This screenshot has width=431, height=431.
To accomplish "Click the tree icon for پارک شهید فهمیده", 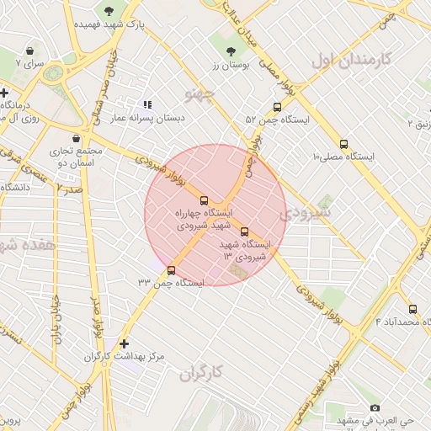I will [x=109, y=10].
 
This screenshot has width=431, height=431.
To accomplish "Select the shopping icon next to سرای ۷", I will [x=31, y=51].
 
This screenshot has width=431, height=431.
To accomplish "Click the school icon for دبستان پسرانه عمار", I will [x=148, y=104].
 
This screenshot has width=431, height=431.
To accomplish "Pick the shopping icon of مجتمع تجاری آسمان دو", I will [x=77, y=137].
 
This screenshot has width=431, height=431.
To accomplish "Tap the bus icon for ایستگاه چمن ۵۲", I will [x=277, y=107].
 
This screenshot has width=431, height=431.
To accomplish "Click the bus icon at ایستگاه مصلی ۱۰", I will [x=343, y=144].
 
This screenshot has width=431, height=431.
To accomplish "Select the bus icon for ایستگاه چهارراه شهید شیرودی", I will [x=203, y=200].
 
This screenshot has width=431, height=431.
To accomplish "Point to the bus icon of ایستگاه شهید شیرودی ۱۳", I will [x=244, y=231].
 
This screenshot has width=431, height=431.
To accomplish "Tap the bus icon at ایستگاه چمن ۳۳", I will [x=172, y=270].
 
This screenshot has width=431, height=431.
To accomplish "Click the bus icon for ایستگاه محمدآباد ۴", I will [x=412, y=309].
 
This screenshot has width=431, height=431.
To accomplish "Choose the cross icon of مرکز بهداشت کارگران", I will [x=125, y=343].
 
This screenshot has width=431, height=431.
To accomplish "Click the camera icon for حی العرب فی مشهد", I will [x=375, y=407].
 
